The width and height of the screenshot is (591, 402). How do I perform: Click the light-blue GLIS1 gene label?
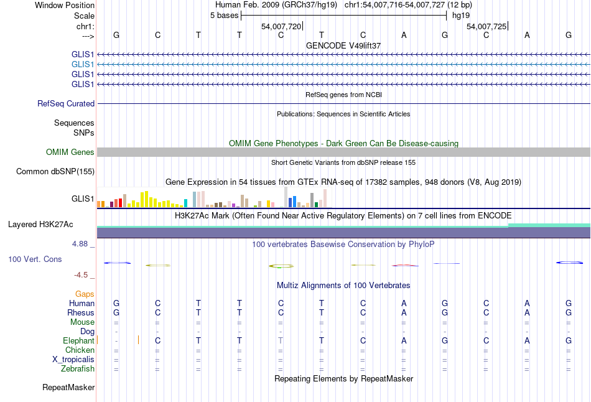pos(83,64)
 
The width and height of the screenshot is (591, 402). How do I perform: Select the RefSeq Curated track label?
pos(66,104)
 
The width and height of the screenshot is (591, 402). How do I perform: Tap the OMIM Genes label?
pos(70,152)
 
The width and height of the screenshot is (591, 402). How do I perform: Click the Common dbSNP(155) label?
pos(55,171)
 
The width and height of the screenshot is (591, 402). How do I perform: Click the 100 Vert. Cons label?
pos(35,259)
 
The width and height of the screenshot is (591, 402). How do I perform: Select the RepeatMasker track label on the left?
pos(68,388)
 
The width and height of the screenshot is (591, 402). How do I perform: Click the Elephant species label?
pos(78,341)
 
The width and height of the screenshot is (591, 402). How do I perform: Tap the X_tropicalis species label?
pos(73,360)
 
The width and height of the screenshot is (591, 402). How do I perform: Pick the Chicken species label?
pos(80,350)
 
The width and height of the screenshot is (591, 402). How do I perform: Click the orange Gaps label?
pos(85,294)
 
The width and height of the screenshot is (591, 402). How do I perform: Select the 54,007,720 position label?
pos(281,27)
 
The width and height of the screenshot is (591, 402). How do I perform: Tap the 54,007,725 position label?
pos(486,27)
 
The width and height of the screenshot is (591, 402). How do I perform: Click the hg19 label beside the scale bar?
pos(461,16)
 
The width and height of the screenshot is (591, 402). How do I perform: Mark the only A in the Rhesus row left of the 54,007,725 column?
pos(404,312)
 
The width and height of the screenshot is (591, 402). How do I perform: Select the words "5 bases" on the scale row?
pos(224,16)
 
